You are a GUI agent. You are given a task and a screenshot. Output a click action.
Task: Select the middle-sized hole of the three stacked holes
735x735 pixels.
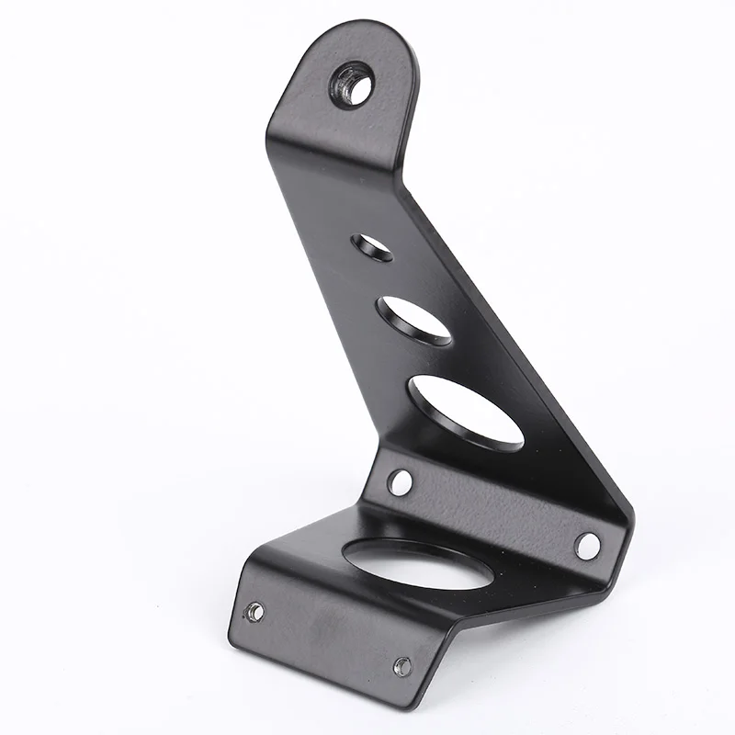coord(415,320)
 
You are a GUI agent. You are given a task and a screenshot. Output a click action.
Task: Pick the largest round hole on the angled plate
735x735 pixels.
coord(464,410)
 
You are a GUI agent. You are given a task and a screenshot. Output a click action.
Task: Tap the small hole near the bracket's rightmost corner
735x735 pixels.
coord(586,545)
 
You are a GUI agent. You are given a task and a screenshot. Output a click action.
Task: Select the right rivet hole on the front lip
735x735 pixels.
coord(402,666)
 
